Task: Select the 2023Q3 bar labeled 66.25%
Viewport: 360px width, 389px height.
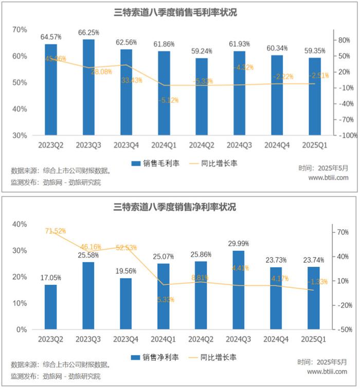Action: (x=88, y=87)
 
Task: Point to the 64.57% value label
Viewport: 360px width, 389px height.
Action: (x=51, y=37)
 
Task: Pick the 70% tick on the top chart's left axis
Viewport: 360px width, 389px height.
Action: (x=19, y=29)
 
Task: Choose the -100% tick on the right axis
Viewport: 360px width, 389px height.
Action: (x=340, y=135)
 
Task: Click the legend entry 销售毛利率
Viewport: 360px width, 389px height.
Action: (x=156, y=163)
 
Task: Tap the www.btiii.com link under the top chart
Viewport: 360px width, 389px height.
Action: (x=328, y=178)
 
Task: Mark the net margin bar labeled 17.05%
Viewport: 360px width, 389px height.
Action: (x=51, y=307)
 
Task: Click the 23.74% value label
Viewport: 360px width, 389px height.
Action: (x=314, y=260)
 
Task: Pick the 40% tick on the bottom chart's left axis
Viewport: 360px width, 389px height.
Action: (x=19, y=224)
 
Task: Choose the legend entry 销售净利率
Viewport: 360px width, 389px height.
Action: (x=156, y=357)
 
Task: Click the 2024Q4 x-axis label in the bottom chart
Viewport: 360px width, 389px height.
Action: (x=277, y=340)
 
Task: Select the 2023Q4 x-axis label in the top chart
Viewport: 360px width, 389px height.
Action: (x=126, y=146)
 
